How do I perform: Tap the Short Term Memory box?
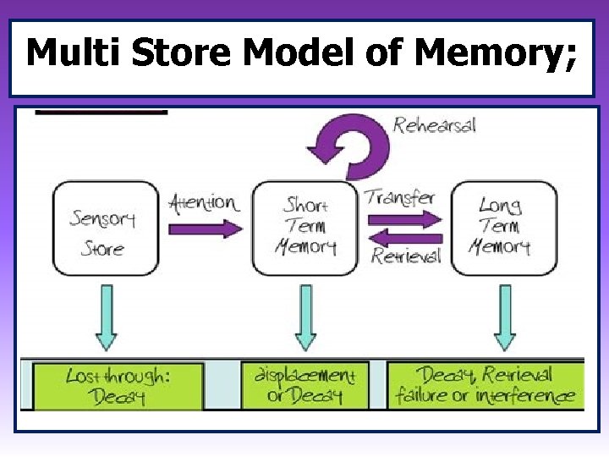(304, 228)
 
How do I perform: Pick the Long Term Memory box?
(504, 228)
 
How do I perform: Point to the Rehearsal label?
(435, 125)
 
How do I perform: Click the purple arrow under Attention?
(203, 228)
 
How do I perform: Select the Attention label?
(203, 203)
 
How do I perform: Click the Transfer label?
(400, 198)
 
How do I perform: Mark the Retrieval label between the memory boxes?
(406, 256)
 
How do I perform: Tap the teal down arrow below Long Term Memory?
(505, 316)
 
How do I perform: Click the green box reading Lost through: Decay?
(118, 386)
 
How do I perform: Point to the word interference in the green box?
(524, 395)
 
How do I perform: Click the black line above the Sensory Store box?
(101, 112)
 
